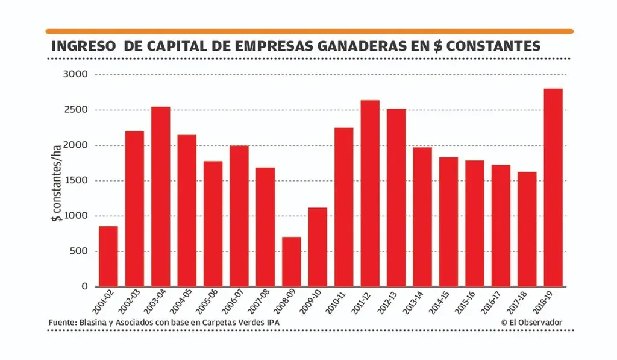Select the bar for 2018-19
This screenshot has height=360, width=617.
pyautogui.click(x=553, y=188)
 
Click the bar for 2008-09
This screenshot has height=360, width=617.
pyautogui.click(x=291, y=262)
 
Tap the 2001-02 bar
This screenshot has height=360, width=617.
pyautogui.click(x=108, y=256)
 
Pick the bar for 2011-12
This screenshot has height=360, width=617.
pyautogui.click(x=370, y=193)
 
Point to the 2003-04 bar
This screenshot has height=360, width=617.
pyautogui.click(x=160, y=197)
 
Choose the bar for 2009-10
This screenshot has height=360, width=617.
pyautogui.click(x=318, y=247)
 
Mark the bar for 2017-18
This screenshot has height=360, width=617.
pyautogui.click(x=527, y=229)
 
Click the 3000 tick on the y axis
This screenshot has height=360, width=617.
pyautogui.click(x=76, y=74)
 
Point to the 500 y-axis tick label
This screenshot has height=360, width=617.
pyautogui.click(x=79, y=251)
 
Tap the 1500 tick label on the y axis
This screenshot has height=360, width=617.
pyautogui.click(x=76, y=181)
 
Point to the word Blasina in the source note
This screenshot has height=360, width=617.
pyautogui.click(x=92, y=323)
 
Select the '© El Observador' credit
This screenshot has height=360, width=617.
pyautogui.click(x=531, y=323)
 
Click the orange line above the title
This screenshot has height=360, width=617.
pyautogui.click(x=309, y=31)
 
